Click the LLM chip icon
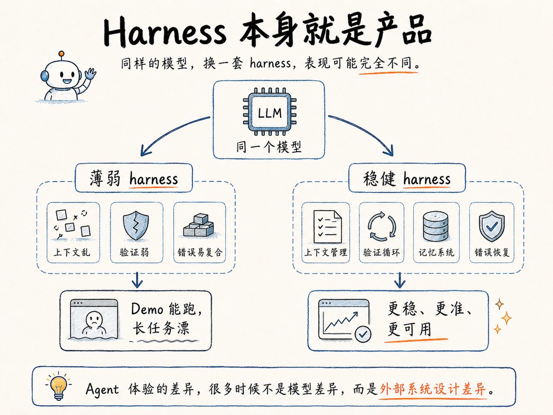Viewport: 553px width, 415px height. (270, 112)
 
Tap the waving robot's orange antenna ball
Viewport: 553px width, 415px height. (61, 53)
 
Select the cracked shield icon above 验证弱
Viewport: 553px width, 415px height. (136, 225)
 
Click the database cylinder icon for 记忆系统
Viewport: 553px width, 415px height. (436, 227)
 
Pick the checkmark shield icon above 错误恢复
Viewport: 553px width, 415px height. (492, 226)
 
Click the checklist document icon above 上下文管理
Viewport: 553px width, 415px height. (327, 226)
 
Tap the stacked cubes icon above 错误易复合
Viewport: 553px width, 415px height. (199, 225)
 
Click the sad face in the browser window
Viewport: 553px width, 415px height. (94, 319)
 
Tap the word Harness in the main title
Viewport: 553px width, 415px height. (165, 31)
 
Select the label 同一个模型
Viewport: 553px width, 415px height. (269, 147)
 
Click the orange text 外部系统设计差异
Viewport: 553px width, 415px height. (432, 389)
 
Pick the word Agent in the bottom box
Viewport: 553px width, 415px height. (102, 390)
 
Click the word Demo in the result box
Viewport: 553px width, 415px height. (147, 309)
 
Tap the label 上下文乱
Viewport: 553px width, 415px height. (72, 252)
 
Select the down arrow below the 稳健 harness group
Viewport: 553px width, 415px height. (400, 280)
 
